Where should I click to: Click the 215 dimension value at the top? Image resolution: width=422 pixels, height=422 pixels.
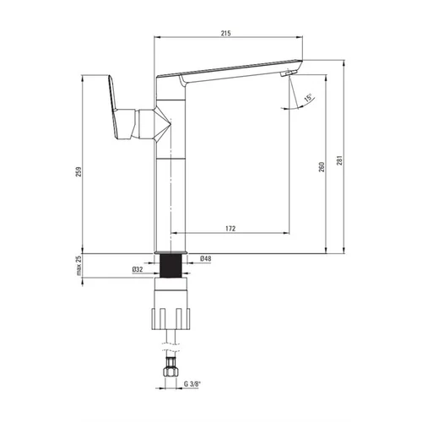point(225,33)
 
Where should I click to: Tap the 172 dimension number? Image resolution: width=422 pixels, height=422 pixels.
point(230,229)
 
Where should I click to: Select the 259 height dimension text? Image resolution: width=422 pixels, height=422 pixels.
point(78,172)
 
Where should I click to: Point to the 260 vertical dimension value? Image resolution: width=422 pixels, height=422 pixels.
point(322,167)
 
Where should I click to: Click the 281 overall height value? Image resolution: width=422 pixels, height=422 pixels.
point(340,160)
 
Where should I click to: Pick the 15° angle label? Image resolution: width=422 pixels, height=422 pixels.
point(308,98)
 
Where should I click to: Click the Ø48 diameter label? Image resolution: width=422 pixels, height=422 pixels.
point(205,258)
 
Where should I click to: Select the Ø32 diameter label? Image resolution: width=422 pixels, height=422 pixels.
point(138,269)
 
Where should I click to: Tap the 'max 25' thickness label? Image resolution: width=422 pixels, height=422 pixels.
point(78,265)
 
